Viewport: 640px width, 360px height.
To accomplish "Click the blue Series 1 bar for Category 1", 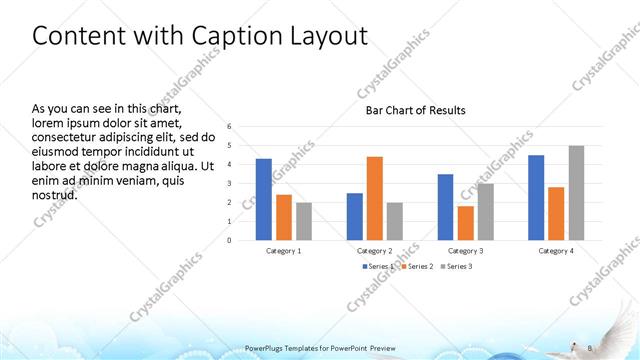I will [x=263, y=199].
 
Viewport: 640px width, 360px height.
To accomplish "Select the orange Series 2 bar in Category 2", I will [x=374, y=198].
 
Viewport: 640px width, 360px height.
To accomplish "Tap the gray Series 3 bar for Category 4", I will [x=575, y=193].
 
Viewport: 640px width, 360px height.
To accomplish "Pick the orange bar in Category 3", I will [x=466, y=223].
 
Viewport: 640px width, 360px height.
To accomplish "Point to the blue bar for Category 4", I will [x=536, y=197].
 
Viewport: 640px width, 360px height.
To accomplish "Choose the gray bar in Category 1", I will [x=303, y=221].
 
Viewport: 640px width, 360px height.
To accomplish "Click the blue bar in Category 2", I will [x=355, y=216].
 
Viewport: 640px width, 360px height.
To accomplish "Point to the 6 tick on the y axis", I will [x=229, y=127].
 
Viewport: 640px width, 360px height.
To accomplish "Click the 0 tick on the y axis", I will [x=229, y=240].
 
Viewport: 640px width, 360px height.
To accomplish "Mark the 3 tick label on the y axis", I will [x=229, y=184].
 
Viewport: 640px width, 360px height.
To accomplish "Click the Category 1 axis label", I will [x=283, y=250].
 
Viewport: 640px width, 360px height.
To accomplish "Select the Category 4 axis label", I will [x=556, y=250].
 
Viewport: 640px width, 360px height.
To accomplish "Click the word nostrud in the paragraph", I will [x=55, y=194].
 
